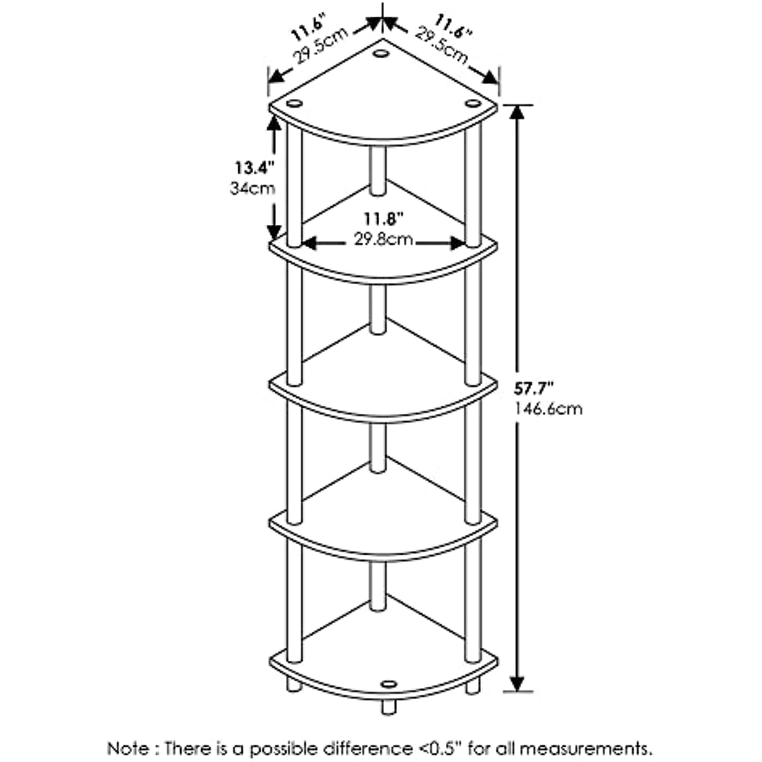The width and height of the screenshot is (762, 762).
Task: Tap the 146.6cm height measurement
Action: point(548,408)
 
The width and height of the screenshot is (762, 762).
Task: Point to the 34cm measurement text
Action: point(252,188)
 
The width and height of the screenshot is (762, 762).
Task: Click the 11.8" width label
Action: point(383,219)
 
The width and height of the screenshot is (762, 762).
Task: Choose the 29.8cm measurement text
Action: point(383,239)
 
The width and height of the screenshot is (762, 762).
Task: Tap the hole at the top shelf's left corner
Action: point(294,104)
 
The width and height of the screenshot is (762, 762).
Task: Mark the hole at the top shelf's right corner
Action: point(472,104)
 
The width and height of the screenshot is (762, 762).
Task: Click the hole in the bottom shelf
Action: point(389,684)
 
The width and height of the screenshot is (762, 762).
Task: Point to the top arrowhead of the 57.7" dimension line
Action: point(517,112)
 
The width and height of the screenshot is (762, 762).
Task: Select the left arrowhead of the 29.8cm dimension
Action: point(310,244)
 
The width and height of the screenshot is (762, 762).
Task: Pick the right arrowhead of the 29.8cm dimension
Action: point(457,244)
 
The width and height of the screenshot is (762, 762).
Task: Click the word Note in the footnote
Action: point(128,748)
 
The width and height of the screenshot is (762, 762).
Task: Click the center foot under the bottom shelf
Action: point(389,707)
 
